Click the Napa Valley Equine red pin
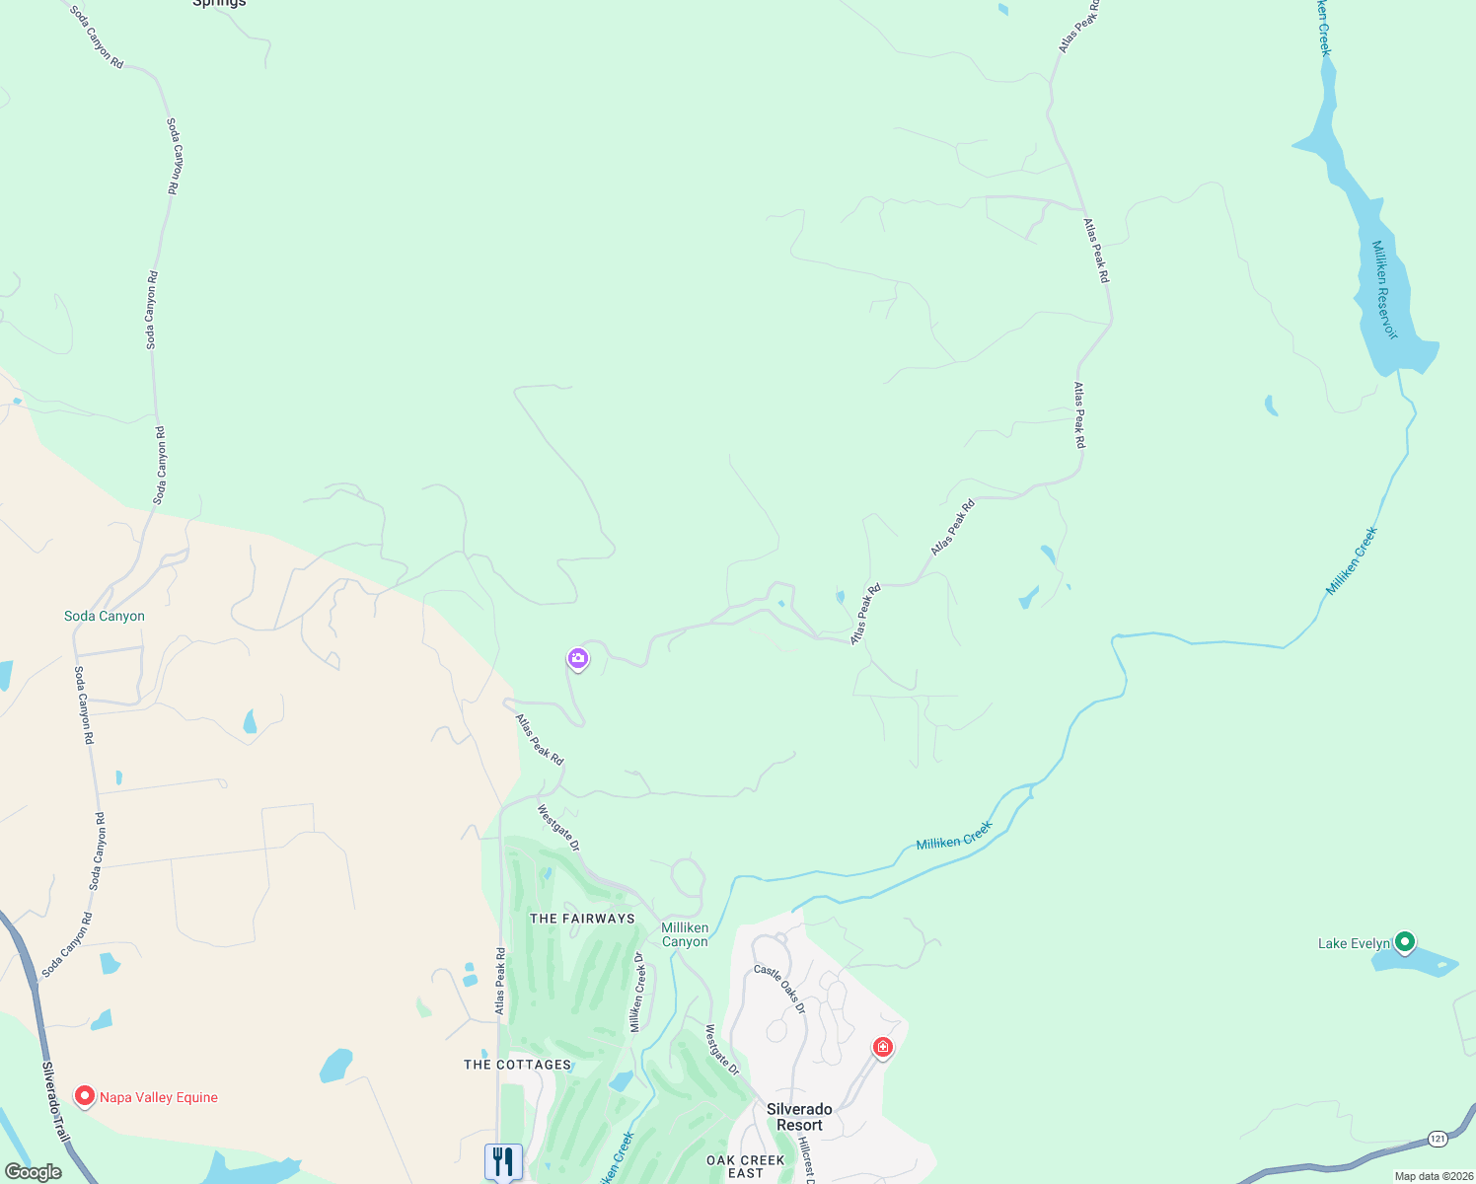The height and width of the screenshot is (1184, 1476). pyautogui.click(x=85, y=1096)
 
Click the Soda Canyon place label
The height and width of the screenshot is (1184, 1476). pyautogui.click(x=105, y=616)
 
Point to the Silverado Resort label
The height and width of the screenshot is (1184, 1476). pyautogui.click(x=799, y=1117)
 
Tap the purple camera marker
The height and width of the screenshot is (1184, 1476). pyautogui.click(x=578, y=658)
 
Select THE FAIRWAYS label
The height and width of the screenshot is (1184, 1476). pyautogui.click(x=582, y=919)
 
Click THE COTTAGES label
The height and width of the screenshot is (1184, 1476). pyautogui.click(x=518, y=1065)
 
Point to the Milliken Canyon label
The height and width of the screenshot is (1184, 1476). pyautogui.click(x=685, y=934)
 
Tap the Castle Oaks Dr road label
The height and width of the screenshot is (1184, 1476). pyautogui.click(x=780, y=989)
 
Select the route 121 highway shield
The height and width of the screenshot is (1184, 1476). pyautogui.click(x=1438, y=1140)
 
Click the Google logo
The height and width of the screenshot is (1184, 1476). pyautogui.click(x=33, y=1172)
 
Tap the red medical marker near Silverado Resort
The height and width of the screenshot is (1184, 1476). pyautogui.click(x=883, y=1047)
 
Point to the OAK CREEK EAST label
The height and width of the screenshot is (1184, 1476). pyautogui.click(x=746, y=1166)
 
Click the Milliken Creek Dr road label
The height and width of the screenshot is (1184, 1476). pyautogui.click(x=638, y=993)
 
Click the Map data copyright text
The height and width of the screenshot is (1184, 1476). pyautogui.click(x=1433, y=1176)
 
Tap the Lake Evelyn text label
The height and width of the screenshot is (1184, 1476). pyautogui.click(x=1354, y=944)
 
